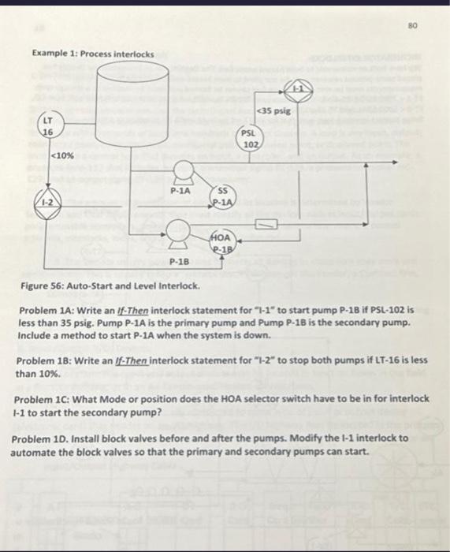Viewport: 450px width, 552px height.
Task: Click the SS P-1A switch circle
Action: coord(222,197)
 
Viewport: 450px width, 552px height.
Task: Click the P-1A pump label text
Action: coord(181,191)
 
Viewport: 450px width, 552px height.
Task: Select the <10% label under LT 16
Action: coord(63,156)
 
